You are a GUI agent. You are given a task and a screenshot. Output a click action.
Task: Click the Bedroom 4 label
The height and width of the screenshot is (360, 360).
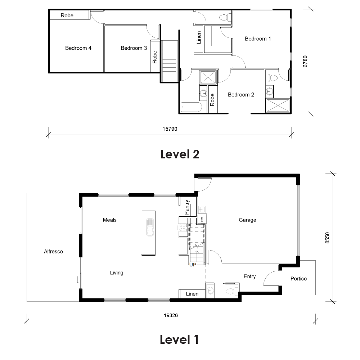click(x=78, y=48)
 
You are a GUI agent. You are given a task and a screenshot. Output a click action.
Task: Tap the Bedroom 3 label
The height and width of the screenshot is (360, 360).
click(x=134, y=48)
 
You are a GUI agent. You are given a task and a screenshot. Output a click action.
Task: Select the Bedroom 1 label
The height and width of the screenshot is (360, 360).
click(x=258, y=39)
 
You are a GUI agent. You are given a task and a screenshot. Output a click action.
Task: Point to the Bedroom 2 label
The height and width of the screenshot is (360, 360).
click(x=241, y=95)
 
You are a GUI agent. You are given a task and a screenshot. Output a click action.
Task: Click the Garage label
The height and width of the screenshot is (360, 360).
click(x=247, y=220)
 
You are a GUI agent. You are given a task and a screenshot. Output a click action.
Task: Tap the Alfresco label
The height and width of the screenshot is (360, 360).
click(x=53, y=252)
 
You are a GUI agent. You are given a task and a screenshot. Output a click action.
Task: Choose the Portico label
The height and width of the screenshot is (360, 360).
click(x=298, y=279)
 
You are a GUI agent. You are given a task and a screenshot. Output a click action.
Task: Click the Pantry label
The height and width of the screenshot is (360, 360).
click(x=187, y=207)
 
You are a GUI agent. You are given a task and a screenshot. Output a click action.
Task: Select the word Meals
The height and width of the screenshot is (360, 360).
click(x=109, y=220)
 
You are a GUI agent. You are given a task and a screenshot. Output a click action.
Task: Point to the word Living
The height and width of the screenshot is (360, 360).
click(x=116, y=273)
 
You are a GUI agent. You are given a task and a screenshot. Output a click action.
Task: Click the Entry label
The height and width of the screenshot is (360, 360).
click(x=249, y=276)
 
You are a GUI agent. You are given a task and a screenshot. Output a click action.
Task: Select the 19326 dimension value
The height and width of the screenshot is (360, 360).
click(x=171, y=315)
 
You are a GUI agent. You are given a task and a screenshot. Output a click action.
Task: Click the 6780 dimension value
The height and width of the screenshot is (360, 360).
click(x=305, y=61)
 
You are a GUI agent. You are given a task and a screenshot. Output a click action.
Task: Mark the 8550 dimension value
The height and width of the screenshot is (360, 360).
click(x=327, y=238)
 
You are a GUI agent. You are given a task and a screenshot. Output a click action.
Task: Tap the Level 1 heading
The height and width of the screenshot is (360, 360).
click(x=179, y=339)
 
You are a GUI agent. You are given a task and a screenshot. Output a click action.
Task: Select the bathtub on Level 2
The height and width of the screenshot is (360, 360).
click(x=190, y=107)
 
